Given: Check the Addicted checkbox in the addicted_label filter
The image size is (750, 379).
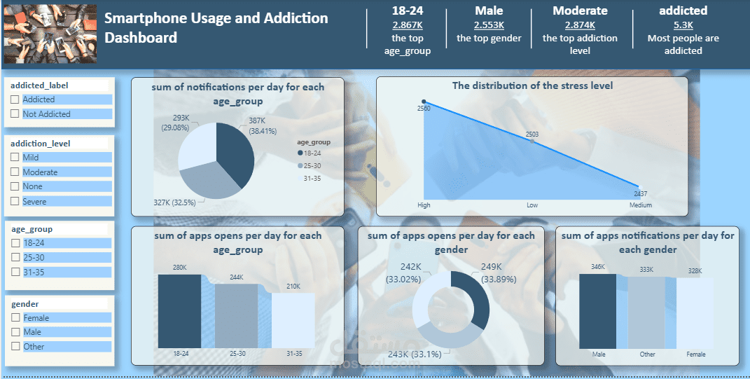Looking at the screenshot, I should (x=15, y=100).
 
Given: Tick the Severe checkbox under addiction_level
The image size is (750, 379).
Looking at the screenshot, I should (x=15, y=202).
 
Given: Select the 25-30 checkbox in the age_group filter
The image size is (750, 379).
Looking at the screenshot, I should (x=15, y=258).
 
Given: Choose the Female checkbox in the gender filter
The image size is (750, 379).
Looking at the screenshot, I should (x=15, y=318).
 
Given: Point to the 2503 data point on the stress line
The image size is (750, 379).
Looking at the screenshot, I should (x=533, y=142).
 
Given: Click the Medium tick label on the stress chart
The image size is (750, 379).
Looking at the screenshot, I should (x=640, y=205).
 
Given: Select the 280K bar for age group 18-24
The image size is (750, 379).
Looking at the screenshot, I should (x=179, y=310).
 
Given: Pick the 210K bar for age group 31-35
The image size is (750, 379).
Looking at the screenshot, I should (x=293, y=320).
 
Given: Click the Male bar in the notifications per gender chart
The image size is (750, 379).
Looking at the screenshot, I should (x=598, y=310).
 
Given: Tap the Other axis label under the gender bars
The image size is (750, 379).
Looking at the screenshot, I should (x=648, y=354).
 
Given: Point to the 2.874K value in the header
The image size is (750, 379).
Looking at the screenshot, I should (x=580, y=25).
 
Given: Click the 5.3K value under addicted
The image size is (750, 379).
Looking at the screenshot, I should (x=683, y=25).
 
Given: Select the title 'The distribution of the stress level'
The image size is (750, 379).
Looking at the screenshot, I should (x=532, y=85).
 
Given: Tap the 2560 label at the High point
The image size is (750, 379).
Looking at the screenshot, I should (x=424, y=109).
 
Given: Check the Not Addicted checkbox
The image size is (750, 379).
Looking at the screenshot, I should (x=15, y=114).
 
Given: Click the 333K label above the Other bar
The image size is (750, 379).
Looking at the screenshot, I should (x=646, y=270).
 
